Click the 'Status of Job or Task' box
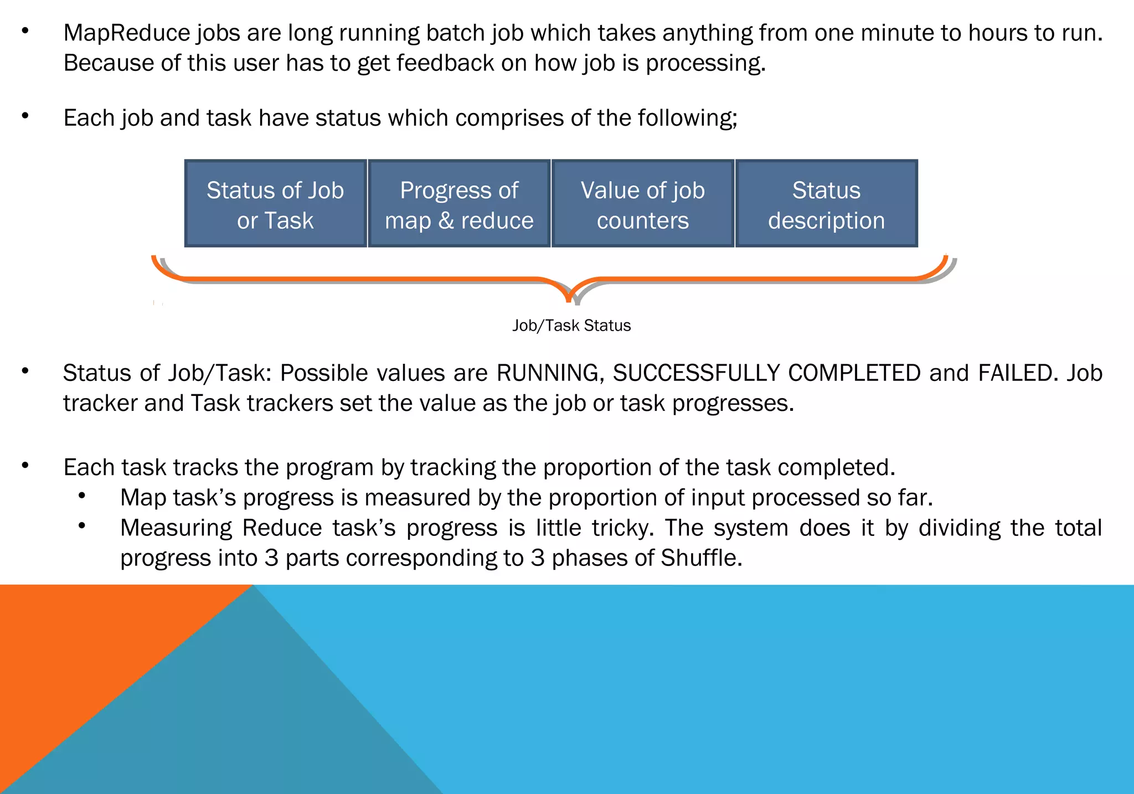(275, 204)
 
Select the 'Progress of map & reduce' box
(459, 204)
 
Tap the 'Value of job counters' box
(643, 204)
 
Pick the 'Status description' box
(826, 204)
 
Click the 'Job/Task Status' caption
(571, 326)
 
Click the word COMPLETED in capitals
(854, 373)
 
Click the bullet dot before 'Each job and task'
(25, 116)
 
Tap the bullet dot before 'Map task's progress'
(82, 496)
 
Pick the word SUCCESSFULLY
(695, 373)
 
